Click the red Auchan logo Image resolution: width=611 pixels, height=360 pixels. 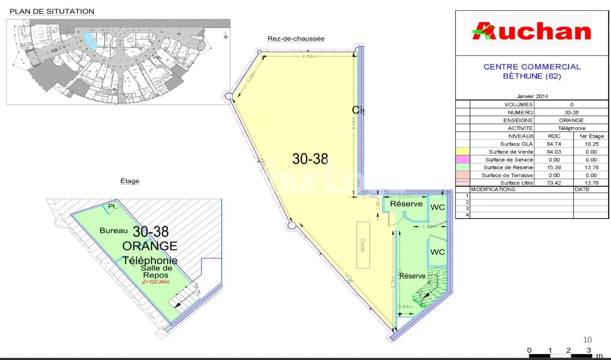(531, 31)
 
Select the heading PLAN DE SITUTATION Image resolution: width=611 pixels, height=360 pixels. (52, 11)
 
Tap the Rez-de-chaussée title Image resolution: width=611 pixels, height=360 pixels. (296, 39)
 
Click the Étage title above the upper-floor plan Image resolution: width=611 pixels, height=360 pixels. (130, 181)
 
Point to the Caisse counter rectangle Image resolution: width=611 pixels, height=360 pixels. (363, 245)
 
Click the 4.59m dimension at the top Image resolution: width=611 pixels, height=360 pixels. (309, 57)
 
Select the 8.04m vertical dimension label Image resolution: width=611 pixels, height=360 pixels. (354, 123)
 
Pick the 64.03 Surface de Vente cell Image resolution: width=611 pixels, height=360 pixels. (554, 152)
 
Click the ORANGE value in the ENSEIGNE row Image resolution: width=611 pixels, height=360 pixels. (571, 120)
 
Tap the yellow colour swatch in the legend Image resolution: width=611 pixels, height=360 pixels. (462, 152)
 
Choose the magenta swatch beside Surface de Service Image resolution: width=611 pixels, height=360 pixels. (462, 160)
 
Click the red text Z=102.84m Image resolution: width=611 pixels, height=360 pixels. (155, 282)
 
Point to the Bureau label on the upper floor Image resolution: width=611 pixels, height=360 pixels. (113, 231)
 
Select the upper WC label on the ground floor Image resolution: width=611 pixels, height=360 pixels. (438, 207)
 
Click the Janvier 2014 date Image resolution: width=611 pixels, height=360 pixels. (532, 96)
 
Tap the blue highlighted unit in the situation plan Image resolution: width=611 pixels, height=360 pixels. (90, 40)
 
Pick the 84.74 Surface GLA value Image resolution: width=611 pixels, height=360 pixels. (554, 144)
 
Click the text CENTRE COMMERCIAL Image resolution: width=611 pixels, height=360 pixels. (532, 67)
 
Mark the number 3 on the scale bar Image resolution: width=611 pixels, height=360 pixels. (588, 350)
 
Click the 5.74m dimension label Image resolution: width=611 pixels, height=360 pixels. (393, 282)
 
